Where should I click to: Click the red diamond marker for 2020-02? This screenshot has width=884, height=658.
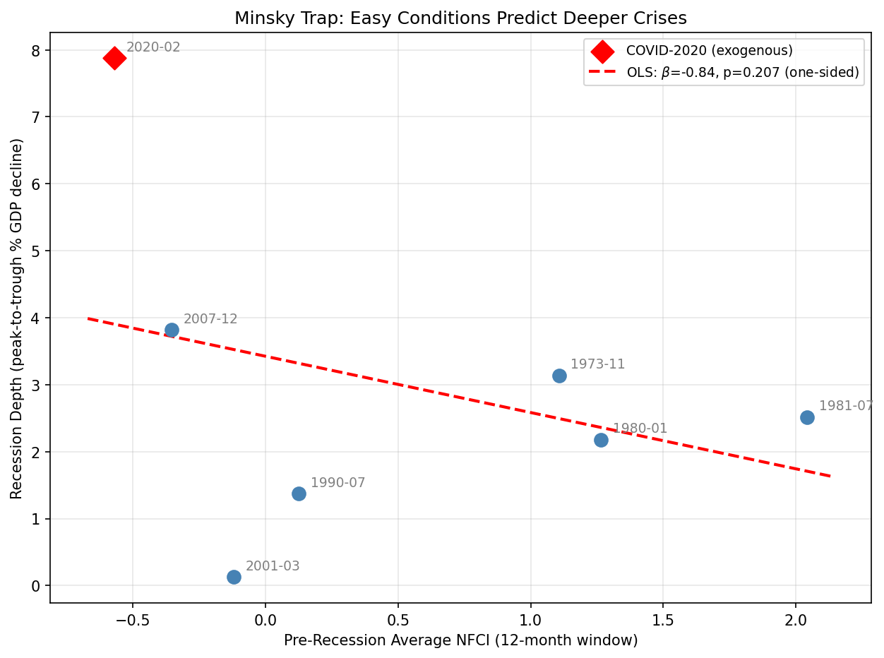point(114,58)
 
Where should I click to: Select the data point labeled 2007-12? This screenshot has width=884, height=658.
point(172,330)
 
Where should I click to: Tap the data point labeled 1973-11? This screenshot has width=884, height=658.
point(559,376)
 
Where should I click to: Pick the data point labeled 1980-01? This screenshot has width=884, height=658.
point(601,440)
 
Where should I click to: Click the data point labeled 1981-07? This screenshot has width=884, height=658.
point(807,417)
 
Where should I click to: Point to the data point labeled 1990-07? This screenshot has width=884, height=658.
point(299,494)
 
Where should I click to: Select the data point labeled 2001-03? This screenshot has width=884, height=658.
point(234,577)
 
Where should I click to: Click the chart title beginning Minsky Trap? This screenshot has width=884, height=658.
point(460,18)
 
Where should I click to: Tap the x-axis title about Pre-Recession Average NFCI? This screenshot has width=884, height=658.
point(460,640)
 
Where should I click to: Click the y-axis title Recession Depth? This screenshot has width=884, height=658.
point(17,318)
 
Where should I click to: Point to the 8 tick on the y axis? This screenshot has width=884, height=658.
point(35,50)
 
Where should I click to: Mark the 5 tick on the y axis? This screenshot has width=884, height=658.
point(35,251)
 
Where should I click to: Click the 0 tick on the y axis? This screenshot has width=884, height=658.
point(35,586)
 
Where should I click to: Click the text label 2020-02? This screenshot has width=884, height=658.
point(153,47)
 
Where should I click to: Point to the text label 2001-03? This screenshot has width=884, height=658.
point(273,566)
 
